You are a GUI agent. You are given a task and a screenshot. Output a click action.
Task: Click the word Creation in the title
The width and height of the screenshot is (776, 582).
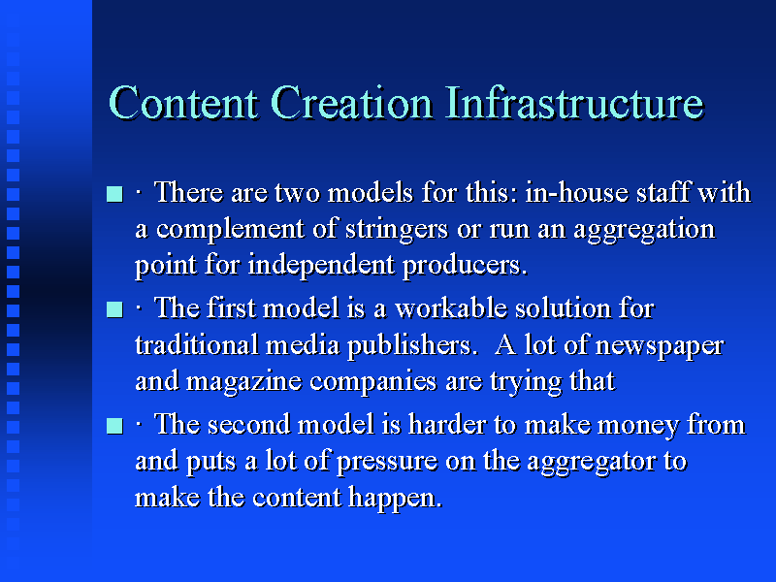coord(352,103)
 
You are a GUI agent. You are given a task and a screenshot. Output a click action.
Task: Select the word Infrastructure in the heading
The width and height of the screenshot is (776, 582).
coord(574,103)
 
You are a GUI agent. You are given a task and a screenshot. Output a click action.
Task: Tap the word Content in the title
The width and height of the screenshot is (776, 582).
coord(183,103)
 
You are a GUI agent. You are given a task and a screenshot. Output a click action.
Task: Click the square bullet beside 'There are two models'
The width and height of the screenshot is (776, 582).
coord(114,193)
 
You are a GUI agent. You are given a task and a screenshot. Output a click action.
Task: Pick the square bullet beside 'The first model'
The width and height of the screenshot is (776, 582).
coord(114,309)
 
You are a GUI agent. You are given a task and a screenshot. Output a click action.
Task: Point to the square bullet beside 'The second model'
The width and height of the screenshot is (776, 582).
coord(114,426)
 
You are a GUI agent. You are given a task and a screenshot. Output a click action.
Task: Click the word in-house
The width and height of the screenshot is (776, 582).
coord(576,192)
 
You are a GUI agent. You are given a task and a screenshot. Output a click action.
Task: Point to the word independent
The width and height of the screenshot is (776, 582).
coord(321,265)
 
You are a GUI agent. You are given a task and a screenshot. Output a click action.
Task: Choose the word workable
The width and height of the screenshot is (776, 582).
coord(451,308)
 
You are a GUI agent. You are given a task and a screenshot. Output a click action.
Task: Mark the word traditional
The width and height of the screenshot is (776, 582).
coord(197,344)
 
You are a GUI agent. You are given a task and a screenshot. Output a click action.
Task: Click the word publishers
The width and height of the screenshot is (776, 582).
coord(409,346)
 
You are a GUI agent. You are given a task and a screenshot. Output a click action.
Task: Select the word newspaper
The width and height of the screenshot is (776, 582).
coord(660,346)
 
